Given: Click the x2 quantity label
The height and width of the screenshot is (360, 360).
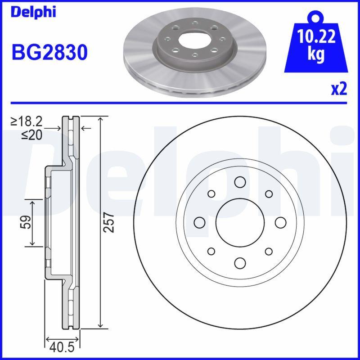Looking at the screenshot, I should (338, 89).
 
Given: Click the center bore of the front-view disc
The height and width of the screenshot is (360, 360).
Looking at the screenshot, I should (239, 222).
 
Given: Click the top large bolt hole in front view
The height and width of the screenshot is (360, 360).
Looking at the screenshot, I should (239, 182).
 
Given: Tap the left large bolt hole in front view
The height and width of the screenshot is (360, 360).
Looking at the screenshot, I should (199, 222).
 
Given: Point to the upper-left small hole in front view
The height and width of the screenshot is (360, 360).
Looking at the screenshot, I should (211, 193).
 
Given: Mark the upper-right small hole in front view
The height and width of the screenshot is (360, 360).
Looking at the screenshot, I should (269, 193).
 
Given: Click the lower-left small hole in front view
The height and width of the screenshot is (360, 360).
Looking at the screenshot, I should (211, 251).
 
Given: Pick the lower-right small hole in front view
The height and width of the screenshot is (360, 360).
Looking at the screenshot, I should (269, 251).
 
